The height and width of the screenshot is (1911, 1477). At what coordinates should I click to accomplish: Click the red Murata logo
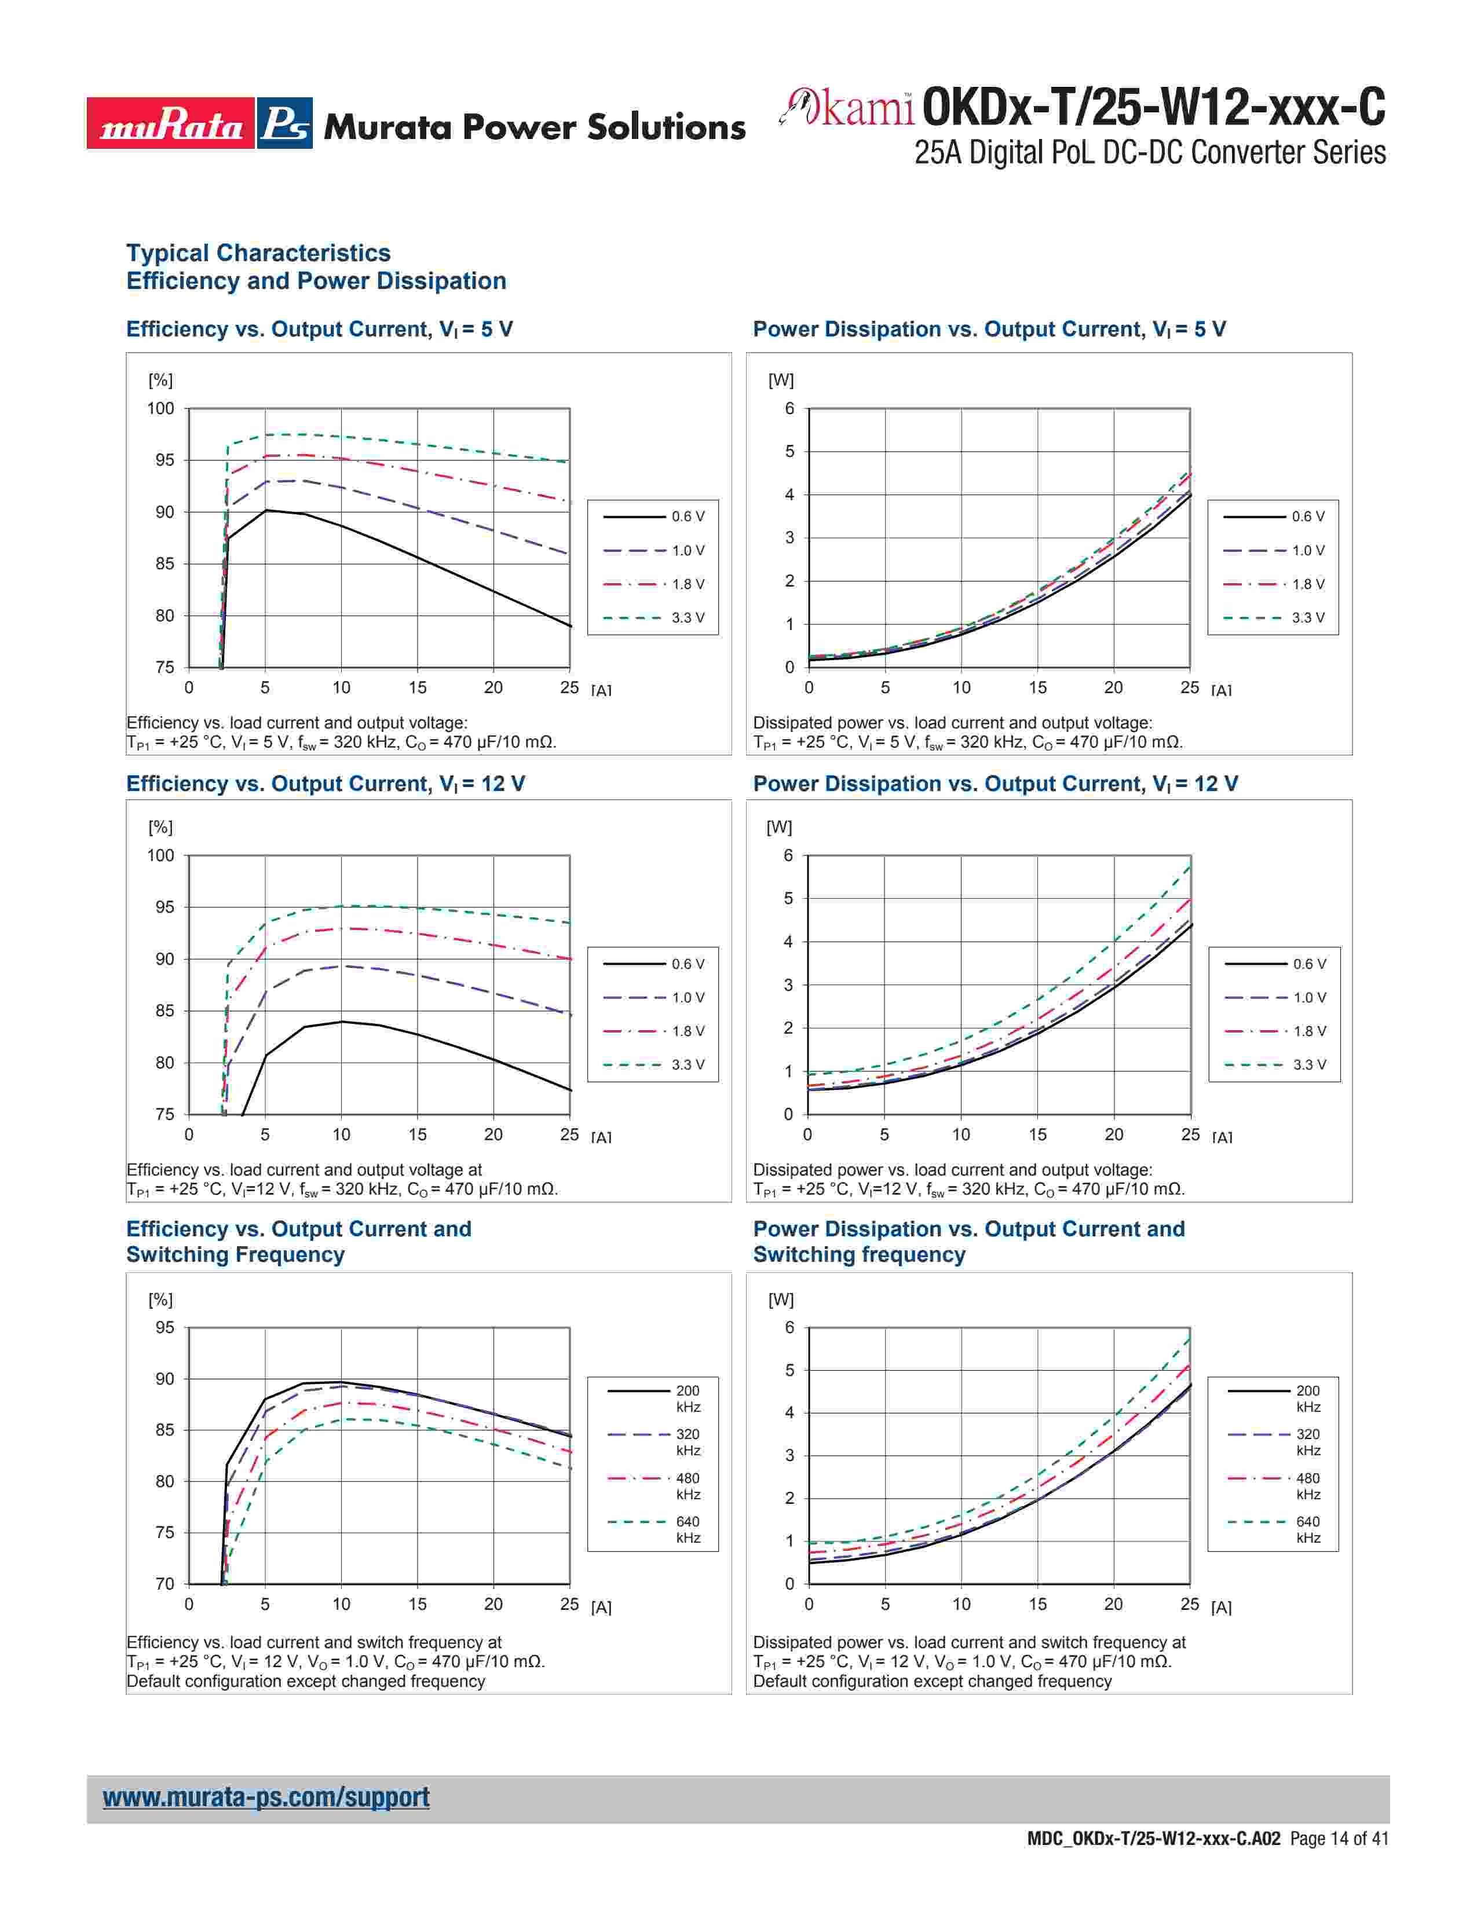(x=171, y=123)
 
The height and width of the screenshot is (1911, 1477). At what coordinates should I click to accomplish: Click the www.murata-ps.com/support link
(x=266, y=1797)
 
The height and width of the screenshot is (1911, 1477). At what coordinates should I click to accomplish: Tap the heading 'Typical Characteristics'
(x=258, y=253)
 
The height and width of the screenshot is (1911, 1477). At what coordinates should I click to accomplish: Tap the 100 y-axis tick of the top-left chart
(x=161, y=409)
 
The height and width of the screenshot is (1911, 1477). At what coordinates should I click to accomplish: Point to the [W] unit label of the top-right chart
(x=781, y=380)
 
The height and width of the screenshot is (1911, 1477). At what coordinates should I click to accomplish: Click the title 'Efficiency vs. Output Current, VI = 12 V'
(x=326, y=784)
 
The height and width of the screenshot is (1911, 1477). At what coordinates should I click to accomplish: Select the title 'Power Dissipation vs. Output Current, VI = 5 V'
(x=989, y=330)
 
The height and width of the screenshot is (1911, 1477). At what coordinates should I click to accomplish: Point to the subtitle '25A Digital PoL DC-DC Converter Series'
(x=1150, y=153)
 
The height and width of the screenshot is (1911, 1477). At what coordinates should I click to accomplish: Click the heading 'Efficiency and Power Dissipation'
(x=316, y=281)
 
